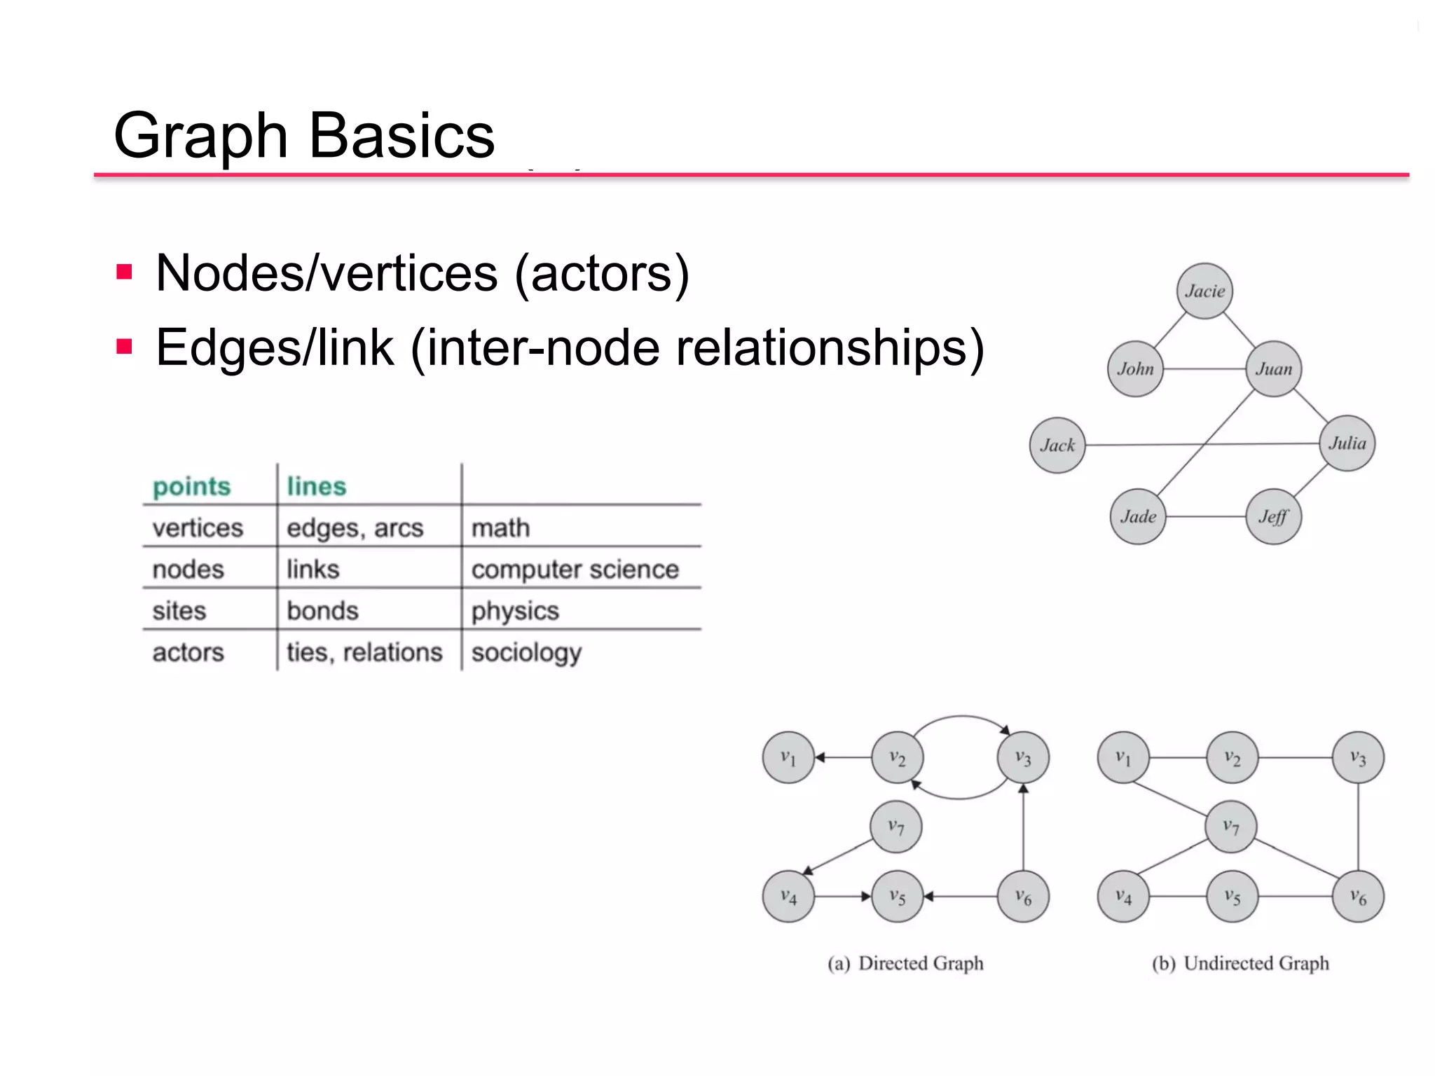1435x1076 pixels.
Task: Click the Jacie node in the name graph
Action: click(1204, 291)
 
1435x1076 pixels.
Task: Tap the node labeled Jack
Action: click(1057, 446)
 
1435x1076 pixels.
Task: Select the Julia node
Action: click(1347, 443)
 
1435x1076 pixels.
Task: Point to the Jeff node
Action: click(1273, 517)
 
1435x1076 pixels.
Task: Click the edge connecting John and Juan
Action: click(1204, 368)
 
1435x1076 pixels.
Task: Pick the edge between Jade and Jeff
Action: click(1205, 517)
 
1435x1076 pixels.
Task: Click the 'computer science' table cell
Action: click(575, 569)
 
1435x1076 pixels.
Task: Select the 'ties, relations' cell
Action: click(364, 652)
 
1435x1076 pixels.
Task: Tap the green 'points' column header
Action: click(191, 486)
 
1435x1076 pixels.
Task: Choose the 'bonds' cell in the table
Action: click(322, 611)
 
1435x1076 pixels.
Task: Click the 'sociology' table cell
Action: click(526, 652)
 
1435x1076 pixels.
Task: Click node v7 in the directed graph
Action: click(895, 827)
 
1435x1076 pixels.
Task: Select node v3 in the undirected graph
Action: click(1357, 758)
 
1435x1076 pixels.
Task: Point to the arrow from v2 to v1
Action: click(844, 757)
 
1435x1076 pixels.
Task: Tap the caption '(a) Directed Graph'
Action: click(905, 963)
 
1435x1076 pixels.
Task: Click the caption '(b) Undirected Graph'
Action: click(1240, 963)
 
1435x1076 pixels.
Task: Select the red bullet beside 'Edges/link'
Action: click(125, 347)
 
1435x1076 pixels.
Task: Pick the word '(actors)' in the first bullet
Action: click(602, 273)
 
